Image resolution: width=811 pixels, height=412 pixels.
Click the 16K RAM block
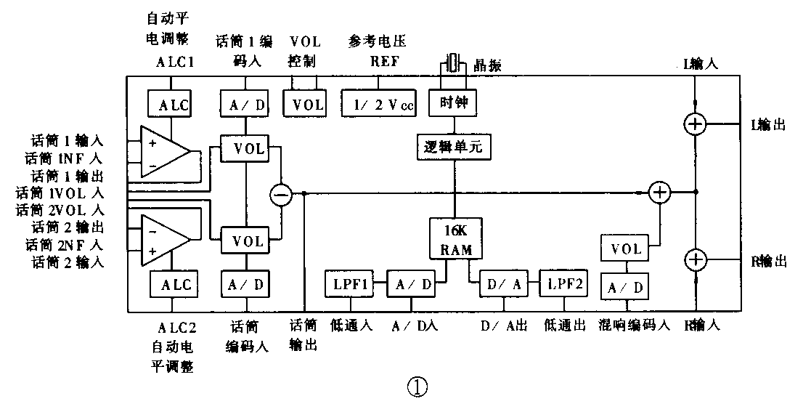click(455, 238)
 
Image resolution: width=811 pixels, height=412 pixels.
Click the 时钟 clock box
click(455, 104)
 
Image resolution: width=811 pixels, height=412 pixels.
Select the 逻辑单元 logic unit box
click(455, 148)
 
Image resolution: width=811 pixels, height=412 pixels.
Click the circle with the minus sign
click(280, 194)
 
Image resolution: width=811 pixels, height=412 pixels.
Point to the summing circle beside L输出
click(695, 124)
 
